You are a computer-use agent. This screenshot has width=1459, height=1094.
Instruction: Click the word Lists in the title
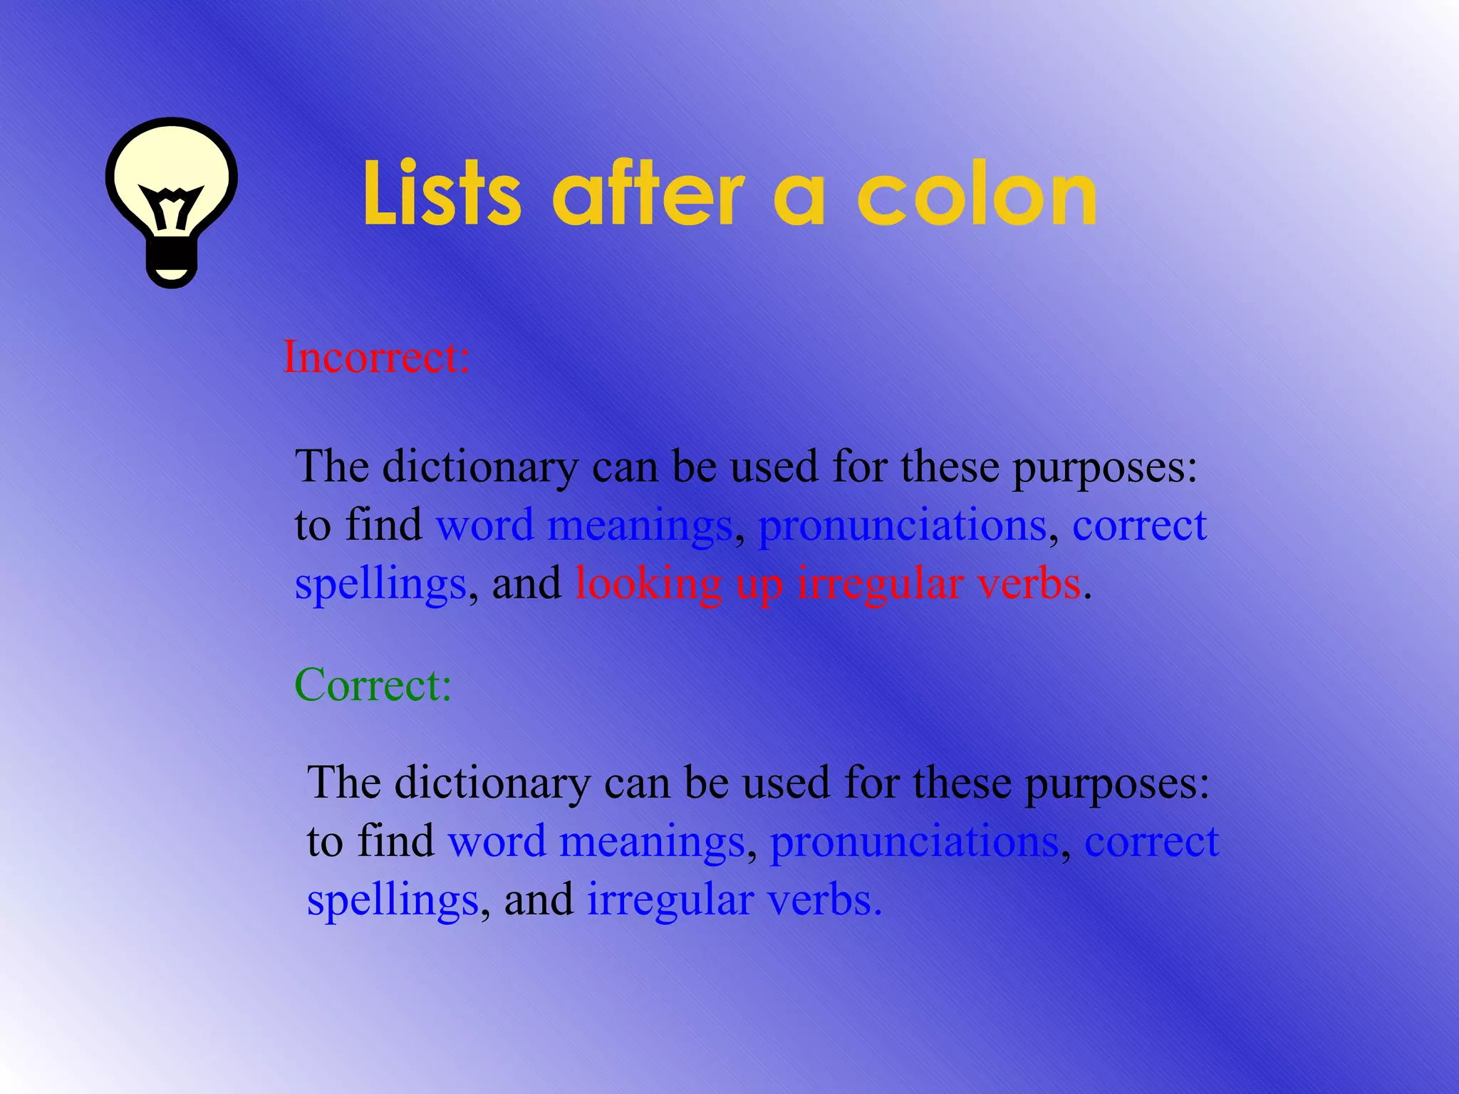click(442, 194)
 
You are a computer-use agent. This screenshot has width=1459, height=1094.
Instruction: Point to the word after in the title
click(648, 194)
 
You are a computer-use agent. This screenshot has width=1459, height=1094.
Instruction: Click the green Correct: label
click(373, 685)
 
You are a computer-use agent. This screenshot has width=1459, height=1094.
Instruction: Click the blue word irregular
click(670, 900)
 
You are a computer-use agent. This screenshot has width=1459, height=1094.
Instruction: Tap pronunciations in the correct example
click(914, 842)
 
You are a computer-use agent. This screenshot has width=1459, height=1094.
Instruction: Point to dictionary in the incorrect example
click(480, 467)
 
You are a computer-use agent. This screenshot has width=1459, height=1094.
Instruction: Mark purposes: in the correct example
click(1117, 783)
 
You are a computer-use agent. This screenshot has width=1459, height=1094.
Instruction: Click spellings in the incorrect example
click(380, 585)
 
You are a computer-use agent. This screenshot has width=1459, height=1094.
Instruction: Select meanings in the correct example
click(652, 842)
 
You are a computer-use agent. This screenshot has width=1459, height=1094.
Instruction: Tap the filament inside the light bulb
click(171, 207)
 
